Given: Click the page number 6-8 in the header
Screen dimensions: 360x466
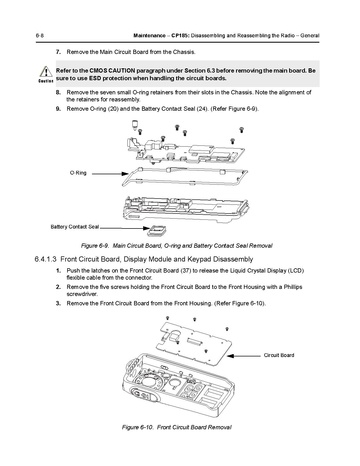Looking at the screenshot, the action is pos(39,36).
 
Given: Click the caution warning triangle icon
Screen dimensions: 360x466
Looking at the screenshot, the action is pos(46,72).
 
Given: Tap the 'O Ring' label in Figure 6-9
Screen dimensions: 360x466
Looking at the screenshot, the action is pos(78,173).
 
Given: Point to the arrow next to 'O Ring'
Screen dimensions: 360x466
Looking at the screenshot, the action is pos(110,173).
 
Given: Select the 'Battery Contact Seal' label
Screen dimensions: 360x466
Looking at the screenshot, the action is pos(75,227).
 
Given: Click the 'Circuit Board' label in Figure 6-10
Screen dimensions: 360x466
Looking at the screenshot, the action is pos(279,355).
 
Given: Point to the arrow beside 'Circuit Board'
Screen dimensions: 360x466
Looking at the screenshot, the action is pos(244,356).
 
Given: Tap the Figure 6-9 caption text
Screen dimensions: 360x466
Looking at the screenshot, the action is pos(177,246).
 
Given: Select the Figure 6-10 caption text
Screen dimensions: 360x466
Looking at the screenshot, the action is pos(177,427).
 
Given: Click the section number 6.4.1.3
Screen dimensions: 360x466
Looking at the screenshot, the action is pos(46,259).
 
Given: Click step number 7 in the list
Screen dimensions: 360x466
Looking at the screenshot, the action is pos(58,52).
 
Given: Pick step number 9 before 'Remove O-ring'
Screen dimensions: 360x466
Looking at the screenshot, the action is pos(58,109).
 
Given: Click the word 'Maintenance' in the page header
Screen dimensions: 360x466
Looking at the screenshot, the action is pos(149,36).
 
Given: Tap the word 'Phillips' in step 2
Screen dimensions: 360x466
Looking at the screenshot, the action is pos(293,287).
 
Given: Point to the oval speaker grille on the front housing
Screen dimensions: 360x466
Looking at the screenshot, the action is pos(144,395).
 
